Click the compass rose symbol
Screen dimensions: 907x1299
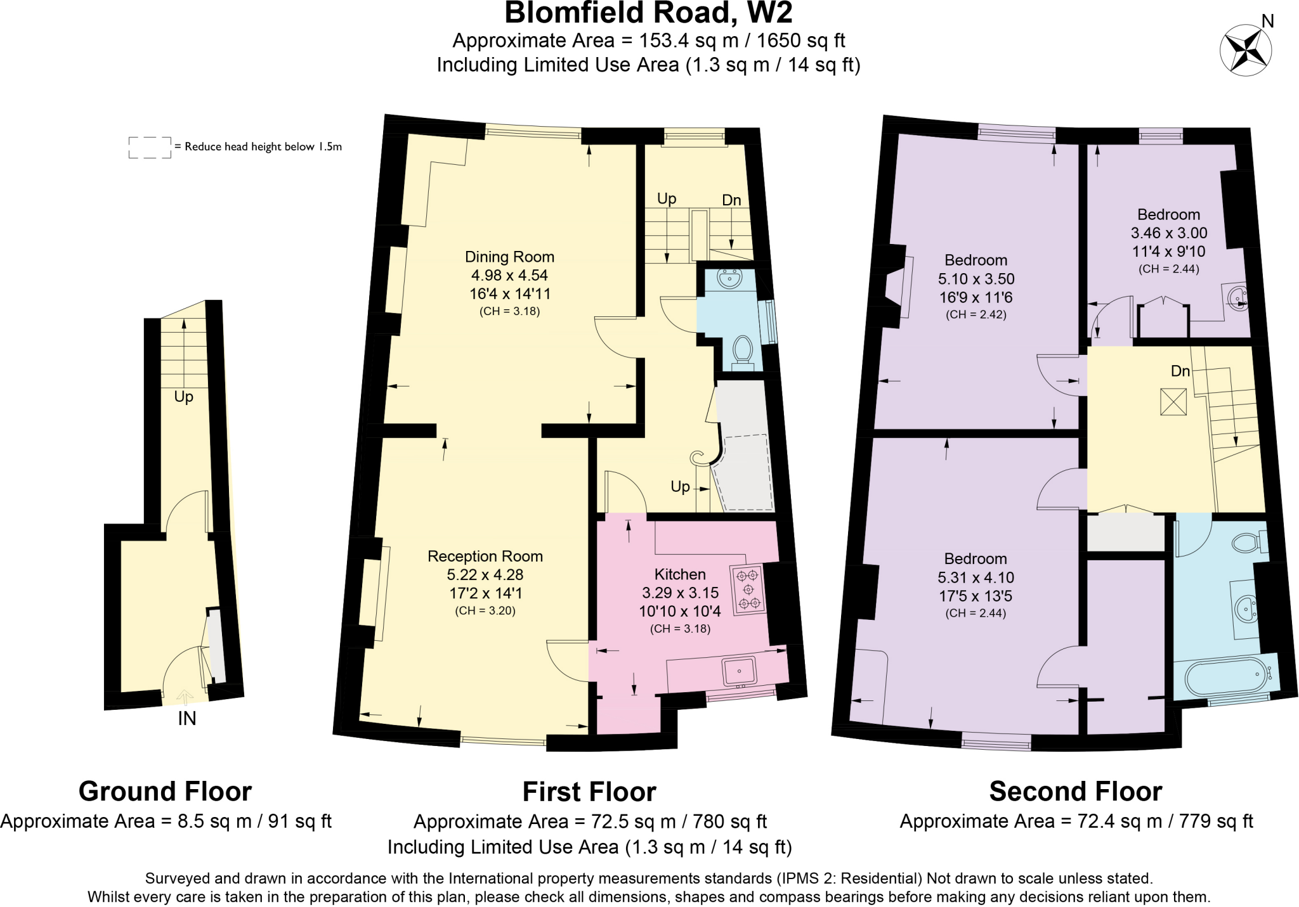point(1246,50)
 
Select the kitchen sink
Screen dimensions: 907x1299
point(740,671)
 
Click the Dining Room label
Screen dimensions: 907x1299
point(509,257)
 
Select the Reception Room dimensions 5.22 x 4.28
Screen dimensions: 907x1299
point(485,575)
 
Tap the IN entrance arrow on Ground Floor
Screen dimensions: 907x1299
point(186,698)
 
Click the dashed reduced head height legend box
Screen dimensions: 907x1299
point(150,147)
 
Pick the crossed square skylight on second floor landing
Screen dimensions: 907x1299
point(1173,402)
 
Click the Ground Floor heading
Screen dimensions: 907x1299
point(165,792)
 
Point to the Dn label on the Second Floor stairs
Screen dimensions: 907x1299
point(1180,371)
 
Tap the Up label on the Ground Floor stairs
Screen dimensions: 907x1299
point(183,397)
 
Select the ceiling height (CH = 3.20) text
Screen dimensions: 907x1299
point(485,611)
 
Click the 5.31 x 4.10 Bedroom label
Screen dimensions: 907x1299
point(976,558)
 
